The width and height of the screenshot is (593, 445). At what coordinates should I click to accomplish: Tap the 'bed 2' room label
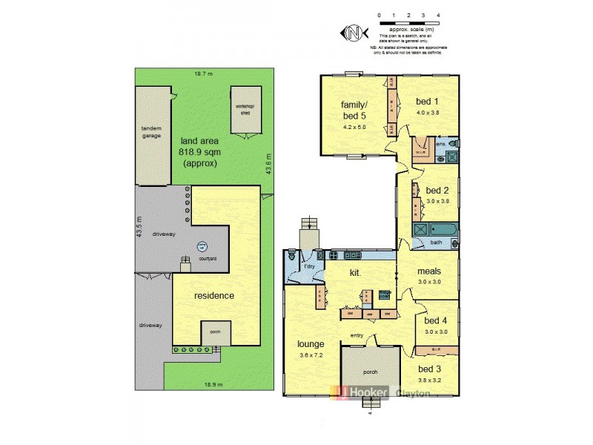[438, 190]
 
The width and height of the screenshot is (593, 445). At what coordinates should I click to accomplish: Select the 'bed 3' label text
[430, 369]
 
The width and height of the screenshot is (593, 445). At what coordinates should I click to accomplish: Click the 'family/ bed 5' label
[354, 110]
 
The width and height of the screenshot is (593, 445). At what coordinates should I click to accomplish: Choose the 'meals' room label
[429, 271]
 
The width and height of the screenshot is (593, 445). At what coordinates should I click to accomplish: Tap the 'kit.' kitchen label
[355, 273]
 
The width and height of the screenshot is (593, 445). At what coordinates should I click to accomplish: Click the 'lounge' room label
[310, 344]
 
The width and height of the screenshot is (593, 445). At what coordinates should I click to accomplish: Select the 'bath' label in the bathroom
[436, 242]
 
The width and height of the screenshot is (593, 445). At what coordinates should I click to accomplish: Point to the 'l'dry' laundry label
[309, 267]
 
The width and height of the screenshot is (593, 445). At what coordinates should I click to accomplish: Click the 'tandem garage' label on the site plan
[151, 131]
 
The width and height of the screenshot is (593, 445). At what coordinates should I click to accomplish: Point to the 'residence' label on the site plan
[214, 295]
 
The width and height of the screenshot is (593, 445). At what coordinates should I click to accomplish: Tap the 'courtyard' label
[208, 259]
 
